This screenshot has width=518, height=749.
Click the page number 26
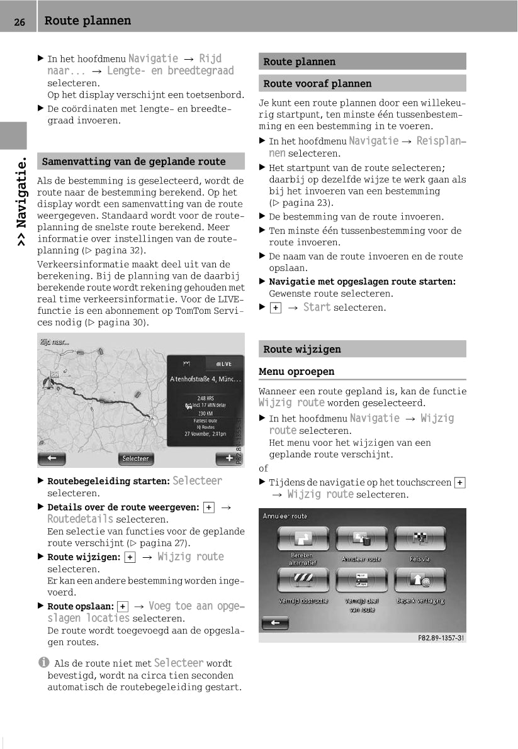click(x=20, y=22)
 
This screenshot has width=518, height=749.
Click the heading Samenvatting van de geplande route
click(x=133, y=162)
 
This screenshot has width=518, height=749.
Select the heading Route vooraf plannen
click(x=317, y=84)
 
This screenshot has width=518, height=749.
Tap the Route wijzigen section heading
click(x=302, y=349)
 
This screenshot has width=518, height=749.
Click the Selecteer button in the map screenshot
click(x=135, y=458)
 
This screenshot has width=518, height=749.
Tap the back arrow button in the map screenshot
click(x=52, y=458)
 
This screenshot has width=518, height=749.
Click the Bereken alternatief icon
click(x=303, y=539)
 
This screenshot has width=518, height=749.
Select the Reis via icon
click(x=420, y=539)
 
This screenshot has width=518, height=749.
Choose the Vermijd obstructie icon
click(x=303, y=581)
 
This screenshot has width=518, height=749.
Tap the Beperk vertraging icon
click(x=420, y=581)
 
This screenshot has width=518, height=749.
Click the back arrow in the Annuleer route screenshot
click(x=275, y=623)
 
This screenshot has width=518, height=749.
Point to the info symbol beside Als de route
click(x=43, y=663)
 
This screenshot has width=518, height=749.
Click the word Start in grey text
click(x=317, y=308)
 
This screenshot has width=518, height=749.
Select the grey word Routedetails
click(x=81, y=519)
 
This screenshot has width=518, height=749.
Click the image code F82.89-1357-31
click(x=441, y=638)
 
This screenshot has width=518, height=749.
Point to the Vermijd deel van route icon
click(x=361, y=581)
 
